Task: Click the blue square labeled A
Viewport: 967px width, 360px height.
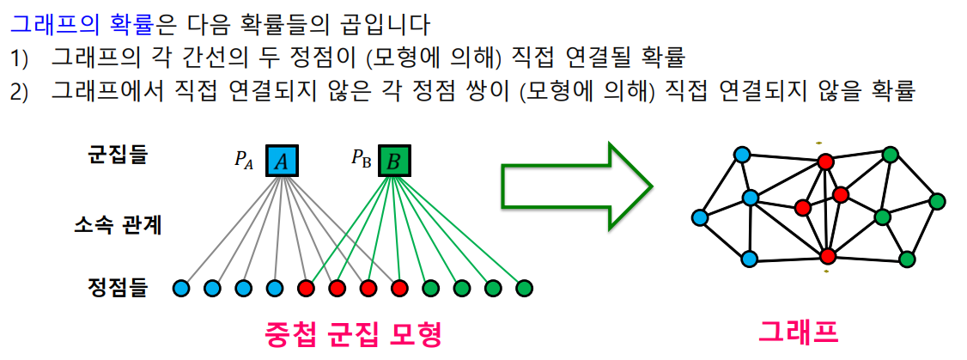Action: click(281, 161)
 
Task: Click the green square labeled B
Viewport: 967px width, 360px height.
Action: click(393, 161)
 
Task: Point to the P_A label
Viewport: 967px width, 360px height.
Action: click(245, 159)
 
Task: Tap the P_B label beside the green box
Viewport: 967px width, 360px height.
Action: click(360, 159)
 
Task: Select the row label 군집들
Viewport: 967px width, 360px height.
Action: click(118, 155)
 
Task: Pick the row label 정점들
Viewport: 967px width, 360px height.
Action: click(118, 287)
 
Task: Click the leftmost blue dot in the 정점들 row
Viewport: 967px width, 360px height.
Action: click(180, 288)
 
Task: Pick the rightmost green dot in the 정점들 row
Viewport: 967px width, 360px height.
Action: click(524, 288)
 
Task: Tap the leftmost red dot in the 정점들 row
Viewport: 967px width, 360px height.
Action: click(305, 288)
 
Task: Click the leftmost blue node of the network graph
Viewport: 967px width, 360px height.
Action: click(701, 217)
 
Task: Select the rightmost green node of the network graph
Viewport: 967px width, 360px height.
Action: click(937, 201)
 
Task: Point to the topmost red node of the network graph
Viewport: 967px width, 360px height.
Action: click(825, 162)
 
